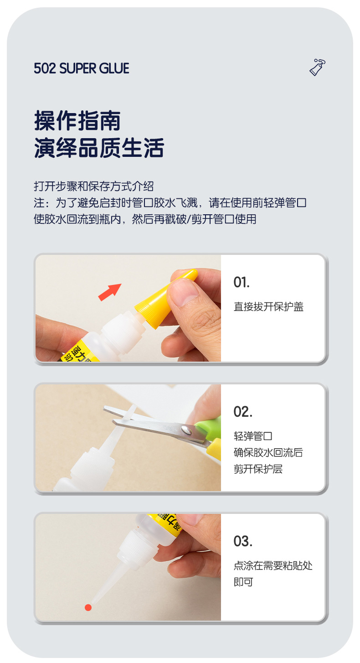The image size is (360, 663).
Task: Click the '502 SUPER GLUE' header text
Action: point(82,68)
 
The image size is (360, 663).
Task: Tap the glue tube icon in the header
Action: point(317,67)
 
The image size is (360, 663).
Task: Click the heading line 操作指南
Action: point(77,120)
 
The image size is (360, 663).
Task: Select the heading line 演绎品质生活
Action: point(99,148)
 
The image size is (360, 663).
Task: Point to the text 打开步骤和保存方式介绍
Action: point(93,186)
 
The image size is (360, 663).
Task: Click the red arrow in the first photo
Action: point(110,292)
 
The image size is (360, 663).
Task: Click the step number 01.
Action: point(242,282)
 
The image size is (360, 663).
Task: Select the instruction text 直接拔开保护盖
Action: point(268,306)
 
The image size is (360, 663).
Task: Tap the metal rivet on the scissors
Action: point(186,429)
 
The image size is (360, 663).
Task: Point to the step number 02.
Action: point(243,412)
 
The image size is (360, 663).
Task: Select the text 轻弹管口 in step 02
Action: point(253,436)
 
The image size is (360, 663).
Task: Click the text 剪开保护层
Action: point(258,469)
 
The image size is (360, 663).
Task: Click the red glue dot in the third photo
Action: point(88,608)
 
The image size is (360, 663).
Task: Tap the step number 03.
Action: point(243,541)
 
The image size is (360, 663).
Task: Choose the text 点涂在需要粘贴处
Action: point(273,565)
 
